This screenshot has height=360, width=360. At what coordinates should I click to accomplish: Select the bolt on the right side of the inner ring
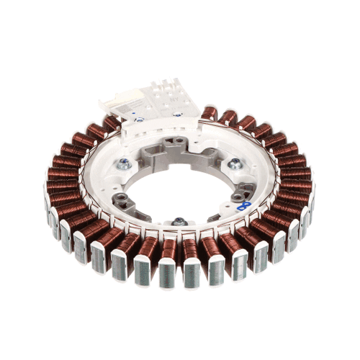(x=234, y=165)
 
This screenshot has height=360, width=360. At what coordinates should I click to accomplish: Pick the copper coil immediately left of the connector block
(x=112, y=124)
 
